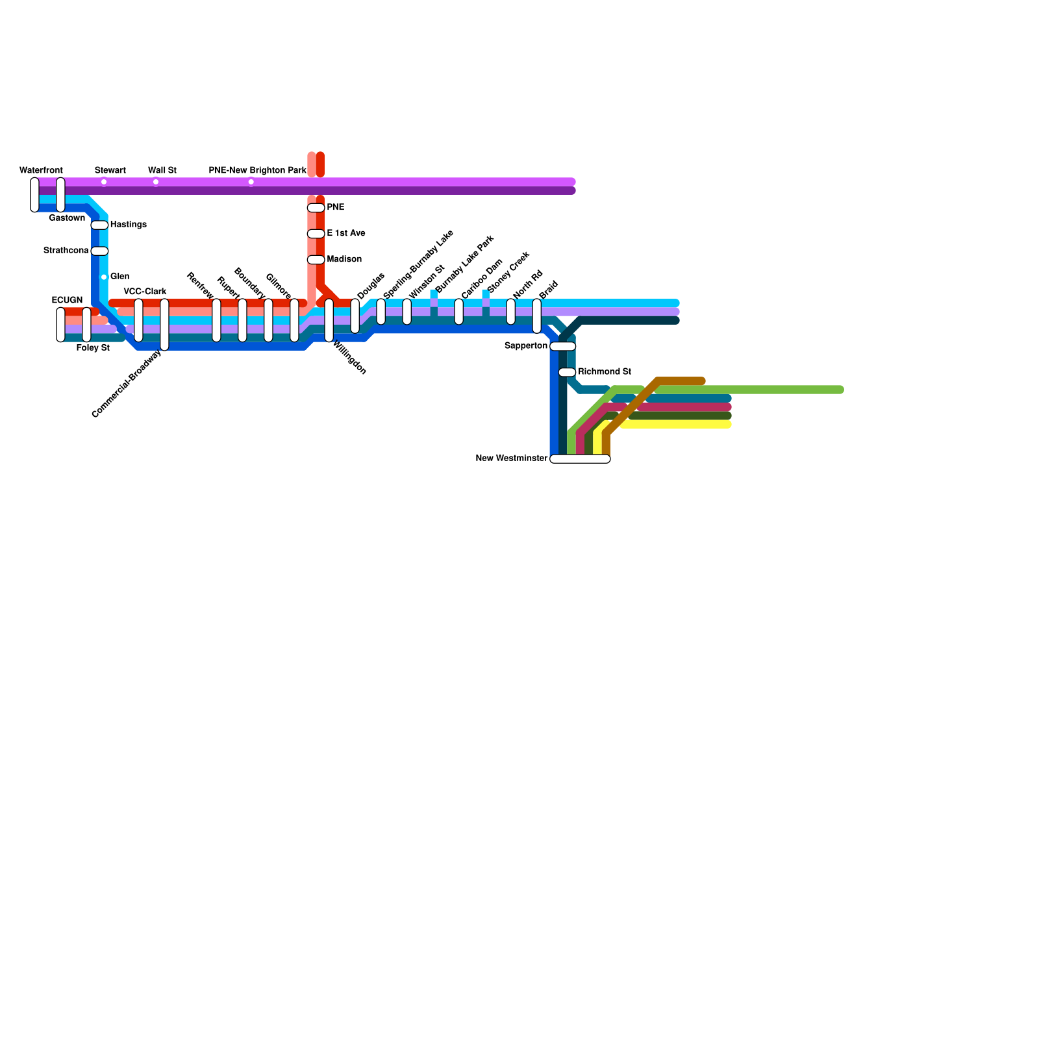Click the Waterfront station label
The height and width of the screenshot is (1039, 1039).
point(41,171)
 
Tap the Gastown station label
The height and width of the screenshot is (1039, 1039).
point(67,218)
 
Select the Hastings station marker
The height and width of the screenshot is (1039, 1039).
point(99,225)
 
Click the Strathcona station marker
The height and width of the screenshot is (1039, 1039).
point(99,251)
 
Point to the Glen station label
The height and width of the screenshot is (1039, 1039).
point(119,277)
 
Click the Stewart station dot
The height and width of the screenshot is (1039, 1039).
point(104,182)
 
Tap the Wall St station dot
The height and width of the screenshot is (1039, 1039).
point(156,182)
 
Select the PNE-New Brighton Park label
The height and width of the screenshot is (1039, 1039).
point(257,171)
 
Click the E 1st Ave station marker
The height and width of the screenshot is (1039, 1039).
point(316,234)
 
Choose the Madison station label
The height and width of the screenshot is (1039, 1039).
point(344,259)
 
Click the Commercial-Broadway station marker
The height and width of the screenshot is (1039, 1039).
point(164,325)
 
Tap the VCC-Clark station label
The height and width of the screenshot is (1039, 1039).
point(145,292)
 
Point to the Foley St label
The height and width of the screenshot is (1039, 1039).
point(93,348)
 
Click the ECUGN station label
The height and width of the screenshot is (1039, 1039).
point(67,300)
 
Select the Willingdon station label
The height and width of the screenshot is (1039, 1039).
point(350,358)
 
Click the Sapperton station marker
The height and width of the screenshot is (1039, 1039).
point(563,346)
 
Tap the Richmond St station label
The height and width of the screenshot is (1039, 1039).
point(605,372)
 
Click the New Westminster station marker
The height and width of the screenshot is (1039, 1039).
point(580,459)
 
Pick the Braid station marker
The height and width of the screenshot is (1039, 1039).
point(537,316)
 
